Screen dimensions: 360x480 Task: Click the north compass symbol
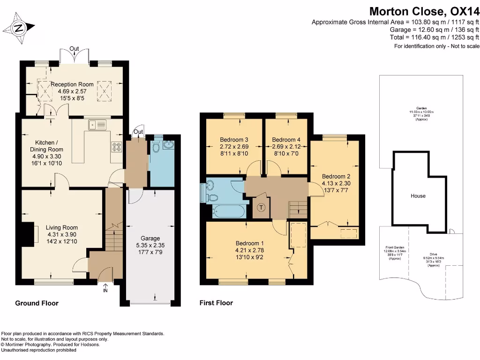tap(19, 28)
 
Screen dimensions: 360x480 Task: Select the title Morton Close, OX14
tap(424, 11)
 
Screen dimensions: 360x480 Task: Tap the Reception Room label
tap(73, 84)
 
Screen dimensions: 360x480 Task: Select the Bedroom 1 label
tap(250, 243)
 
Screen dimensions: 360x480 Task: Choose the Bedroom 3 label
tap(234, 140)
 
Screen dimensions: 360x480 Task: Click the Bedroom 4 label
tap(286, 140)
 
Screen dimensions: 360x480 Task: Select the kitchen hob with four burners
tap(116, 147)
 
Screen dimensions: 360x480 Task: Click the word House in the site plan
tap(418, 195)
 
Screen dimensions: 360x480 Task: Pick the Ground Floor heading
tap(37, 303)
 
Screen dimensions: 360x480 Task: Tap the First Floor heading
tap(216, 303)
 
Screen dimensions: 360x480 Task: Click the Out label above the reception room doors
tap(74, 48)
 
